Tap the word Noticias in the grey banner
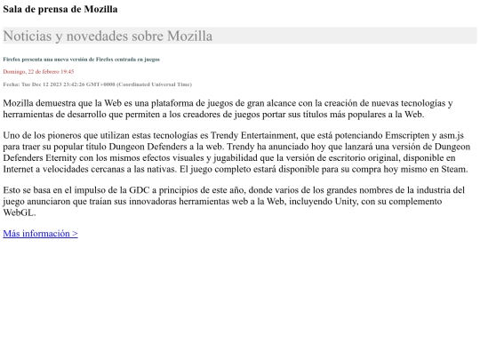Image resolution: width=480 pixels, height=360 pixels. tap(32, 36)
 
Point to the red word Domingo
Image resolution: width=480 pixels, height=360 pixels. tap(15, 71)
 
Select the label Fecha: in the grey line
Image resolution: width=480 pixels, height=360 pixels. tap(12, 84)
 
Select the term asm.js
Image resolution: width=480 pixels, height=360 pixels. tap(454, 134)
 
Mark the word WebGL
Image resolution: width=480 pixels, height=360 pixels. tap(20, 213)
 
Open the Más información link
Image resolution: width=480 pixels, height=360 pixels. tap(40, 234)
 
